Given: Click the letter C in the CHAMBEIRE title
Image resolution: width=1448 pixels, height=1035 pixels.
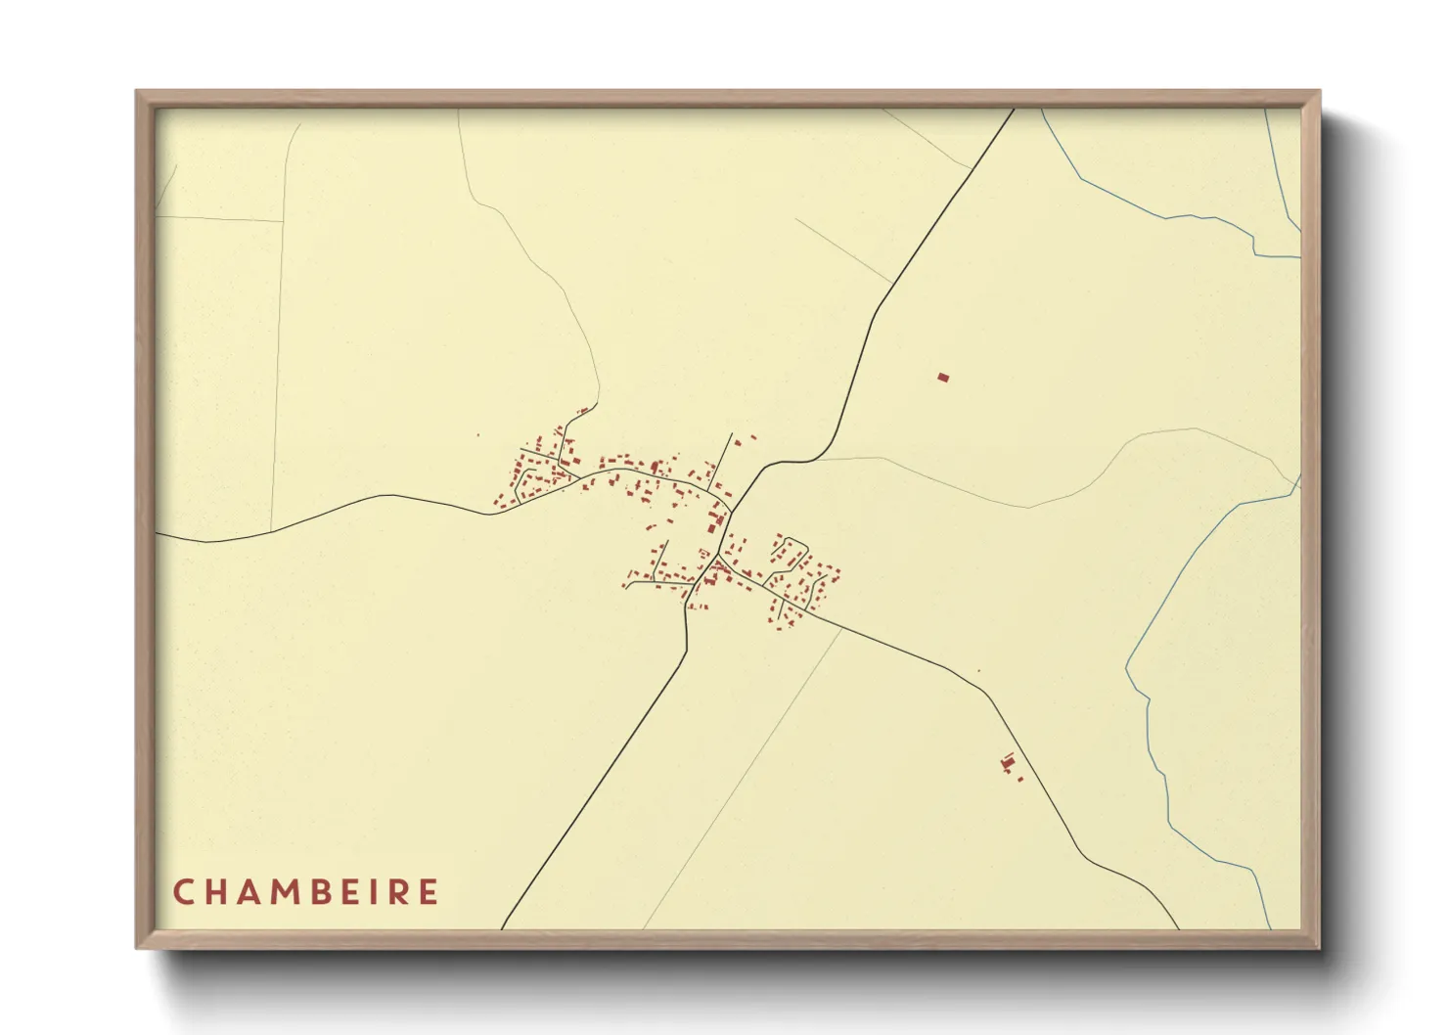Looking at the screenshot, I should (182, 892).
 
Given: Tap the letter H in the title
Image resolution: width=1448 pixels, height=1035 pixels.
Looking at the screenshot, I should (216, 892).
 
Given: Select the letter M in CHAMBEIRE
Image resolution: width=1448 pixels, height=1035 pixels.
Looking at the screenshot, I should (291, 892).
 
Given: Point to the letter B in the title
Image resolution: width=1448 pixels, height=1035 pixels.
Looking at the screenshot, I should (331, 892).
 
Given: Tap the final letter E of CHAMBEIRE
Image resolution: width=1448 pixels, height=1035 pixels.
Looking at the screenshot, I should (430, 892).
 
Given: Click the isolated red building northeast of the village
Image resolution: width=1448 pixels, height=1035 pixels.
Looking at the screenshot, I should (943, 377).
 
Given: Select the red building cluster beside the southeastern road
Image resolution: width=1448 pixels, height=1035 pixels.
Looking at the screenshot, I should (1009, 762).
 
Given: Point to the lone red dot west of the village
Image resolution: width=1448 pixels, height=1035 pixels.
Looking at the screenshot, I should (477, 435).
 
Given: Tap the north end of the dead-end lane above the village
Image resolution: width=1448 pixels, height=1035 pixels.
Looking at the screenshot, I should (732, 433).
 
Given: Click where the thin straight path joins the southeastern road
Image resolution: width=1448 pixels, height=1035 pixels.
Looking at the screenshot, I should (841, 628).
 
